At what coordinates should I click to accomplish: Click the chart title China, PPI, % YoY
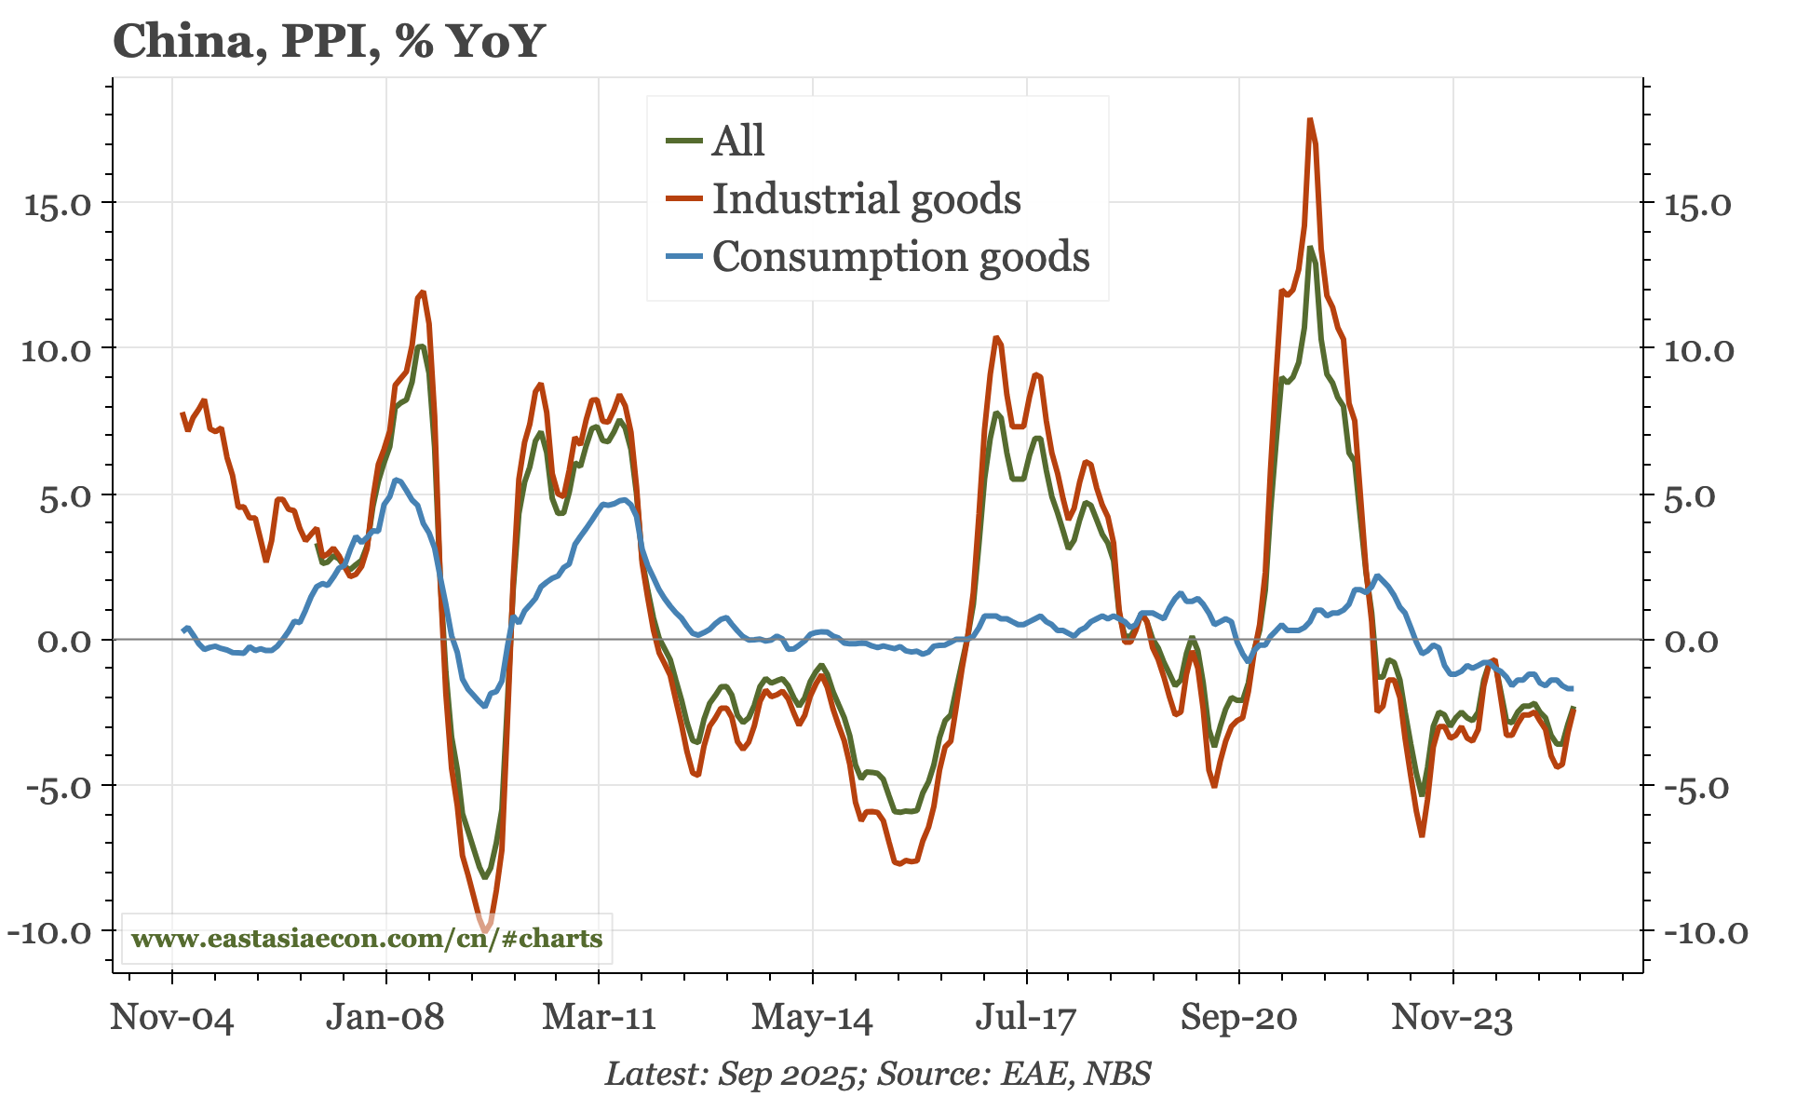[328, 42]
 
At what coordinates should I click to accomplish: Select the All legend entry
[737, 141]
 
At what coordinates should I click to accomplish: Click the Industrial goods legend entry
[866, 198]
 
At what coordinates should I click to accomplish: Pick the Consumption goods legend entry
[900, 256]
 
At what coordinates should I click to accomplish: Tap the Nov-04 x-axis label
[172, 1017]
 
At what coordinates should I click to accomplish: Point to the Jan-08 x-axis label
[385, 1017]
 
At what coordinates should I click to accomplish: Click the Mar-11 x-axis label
[599, 1017]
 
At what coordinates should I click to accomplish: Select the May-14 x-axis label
[812, 1017]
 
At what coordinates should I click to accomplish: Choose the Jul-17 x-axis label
[1025, 1017]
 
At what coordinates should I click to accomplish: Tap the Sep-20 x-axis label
[1238, 1017]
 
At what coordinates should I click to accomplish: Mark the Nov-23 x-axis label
[1452, 1017]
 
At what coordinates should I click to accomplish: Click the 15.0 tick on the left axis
[57, 204]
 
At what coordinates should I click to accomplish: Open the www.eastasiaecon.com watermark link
[367, 938]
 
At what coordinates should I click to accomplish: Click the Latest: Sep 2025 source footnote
[878, 1074]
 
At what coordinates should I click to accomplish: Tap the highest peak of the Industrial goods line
[1310, 120]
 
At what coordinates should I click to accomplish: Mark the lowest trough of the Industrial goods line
[485, 929]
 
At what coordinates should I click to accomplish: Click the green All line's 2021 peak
[1310, 248]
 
